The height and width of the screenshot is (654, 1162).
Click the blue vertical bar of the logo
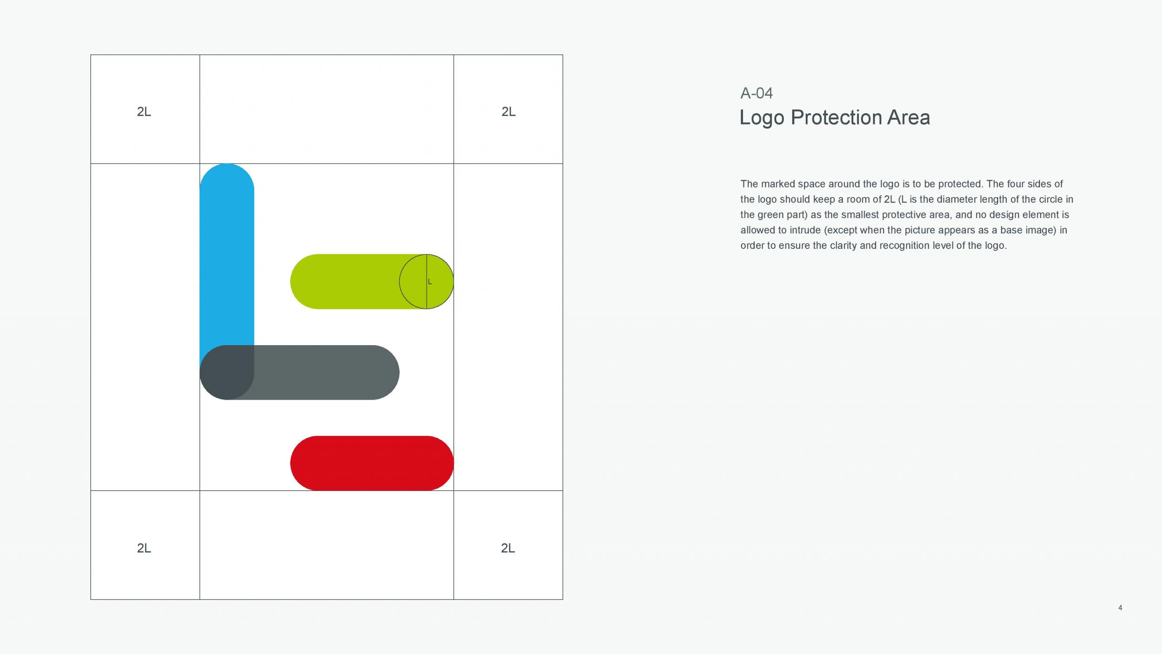click(226, 254)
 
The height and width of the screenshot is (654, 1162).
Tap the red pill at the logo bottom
click(372, 463)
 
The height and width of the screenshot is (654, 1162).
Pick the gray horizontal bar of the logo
click(318, 372)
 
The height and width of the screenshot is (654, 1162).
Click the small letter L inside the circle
click(430, 282)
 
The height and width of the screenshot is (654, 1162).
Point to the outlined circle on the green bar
click(400, 282)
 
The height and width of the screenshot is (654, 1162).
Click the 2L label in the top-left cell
click(144, 112)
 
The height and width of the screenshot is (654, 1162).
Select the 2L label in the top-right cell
click(508, 112)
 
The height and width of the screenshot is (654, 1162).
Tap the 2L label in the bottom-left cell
click(144, 548)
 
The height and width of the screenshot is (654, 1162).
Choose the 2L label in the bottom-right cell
click(508, 548)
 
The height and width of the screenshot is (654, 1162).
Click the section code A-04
click(757, 93)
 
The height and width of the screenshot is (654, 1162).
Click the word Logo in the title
click(762, 118)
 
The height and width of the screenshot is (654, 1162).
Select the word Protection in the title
click(836, 117)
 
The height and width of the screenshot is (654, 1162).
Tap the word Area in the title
click(909, 117)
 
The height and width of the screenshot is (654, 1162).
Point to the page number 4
click(1120, 608)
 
